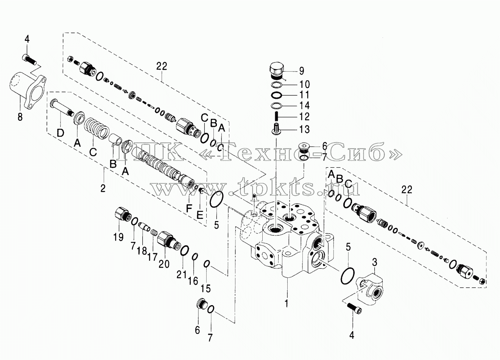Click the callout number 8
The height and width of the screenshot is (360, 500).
pyautogui.click(x=20, y=117)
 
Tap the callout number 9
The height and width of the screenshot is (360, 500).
pyautogui.click(x=301, y=71)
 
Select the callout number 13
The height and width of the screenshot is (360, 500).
pyautogui.click(x=304, y=129)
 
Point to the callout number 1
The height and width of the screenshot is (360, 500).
pyautogui.click(x=287, y=303)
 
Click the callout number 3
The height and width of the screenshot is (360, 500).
pyautogui.click(x=375, y=262)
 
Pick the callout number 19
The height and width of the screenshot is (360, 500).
pyautogui.click(x=118, y=237)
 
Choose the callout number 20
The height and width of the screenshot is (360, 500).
pyautogui.click(x=164, y=264)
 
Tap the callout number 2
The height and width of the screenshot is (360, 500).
pyautogui.click(x=103, y=189)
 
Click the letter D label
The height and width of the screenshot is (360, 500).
pyautogui.click(x=60, y=133)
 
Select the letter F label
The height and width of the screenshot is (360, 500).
pyautogui.click(x=189, y=209)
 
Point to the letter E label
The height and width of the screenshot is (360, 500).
pyautogui.click(x=199, y=215)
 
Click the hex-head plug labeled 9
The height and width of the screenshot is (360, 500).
pyautogui.click(x=277, y=70)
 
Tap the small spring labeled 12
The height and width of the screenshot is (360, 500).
pyautogui.click(x=276, y=117)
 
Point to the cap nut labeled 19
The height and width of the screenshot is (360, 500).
pyautogui.click(x=123, y=214)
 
